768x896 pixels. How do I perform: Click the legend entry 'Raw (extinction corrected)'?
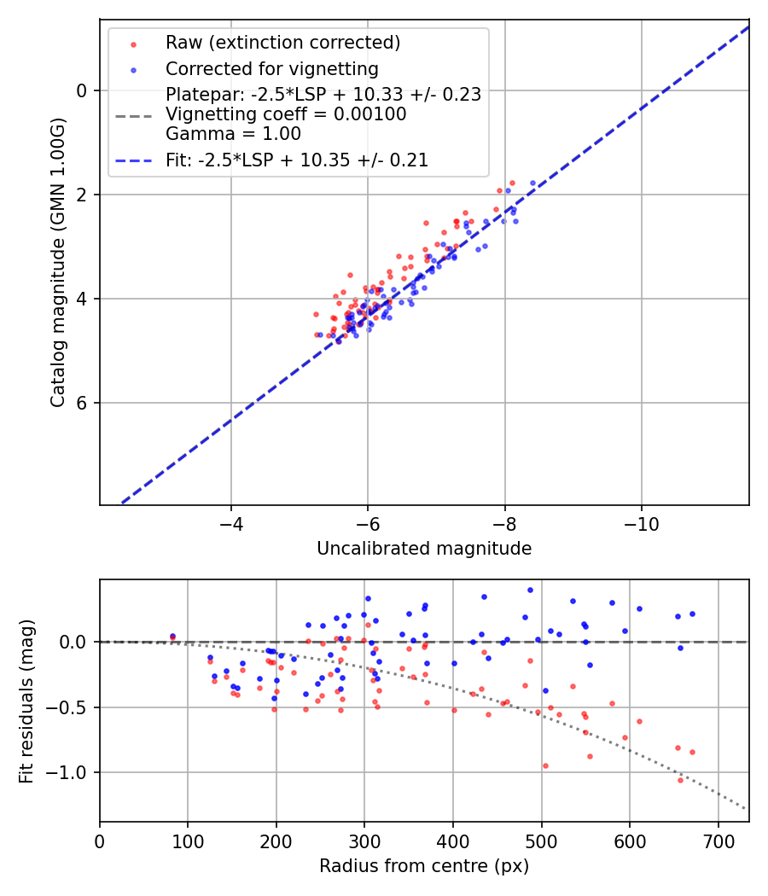(x=282, y=43)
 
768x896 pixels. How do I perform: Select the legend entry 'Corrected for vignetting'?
(x=272, y=68)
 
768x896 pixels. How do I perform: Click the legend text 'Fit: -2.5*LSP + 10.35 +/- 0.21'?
(x=297, y=160)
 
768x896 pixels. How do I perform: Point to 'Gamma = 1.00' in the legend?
(x=233, y=133)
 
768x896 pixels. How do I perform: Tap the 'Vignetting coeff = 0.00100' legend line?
(x=286, y=114)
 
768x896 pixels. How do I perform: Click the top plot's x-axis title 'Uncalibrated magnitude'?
(x=424, y=549)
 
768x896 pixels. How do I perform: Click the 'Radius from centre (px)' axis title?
(x=424, y=866)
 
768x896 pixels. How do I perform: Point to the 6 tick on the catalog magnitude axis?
(x=83, y=403)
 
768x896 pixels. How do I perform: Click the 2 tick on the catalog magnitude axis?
(x=83, y=195)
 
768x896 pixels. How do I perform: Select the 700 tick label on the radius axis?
(x=718, y=841)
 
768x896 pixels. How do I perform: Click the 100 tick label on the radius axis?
(x=188, y=841)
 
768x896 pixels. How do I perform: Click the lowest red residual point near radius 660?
(x=680, y=780)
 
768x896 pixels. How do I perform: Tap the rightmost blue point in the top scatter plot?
(x=532, y=183)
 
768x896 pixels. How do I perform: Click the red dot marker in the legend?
(x=133, y=43)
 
